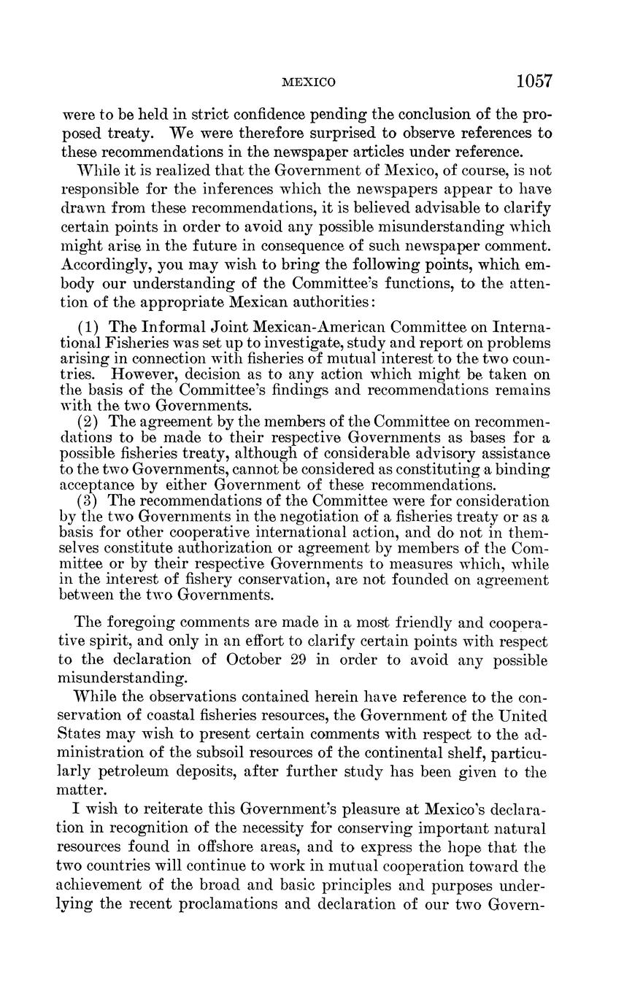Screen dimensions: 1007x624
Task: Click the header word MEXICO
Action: [308, 83]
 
